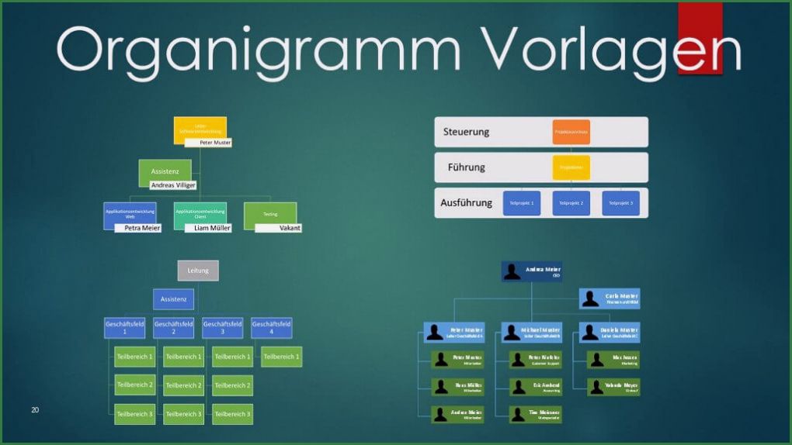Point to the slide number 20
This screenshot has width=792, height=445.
tap(35, 409)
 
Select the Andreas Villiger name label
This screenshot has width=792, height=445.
tap(173, 185)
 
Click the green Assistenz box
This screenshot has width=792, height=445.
tap(165, 170)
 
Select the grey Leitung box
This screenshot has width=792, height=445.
tap(198, 271)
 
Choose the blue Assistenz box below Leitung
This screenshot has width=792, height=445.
tap(173, 299)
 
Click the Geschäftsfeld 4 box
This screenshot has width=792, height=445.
tap(272, 328)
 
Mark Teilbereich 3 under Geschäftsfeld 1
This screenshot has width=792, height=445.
tap(135, 414)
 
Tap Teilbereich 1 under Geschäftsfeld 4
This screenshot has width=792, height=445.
tap(281, 357)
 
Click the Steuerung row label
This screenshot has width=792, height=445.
tap(467, 132)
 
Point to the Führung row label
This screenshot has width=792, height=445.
tap(467, 167)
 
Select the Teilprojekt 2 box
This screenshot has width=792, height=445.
tap(571, 203)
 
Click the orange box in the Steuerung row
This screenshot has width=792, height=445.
tap(571, 132)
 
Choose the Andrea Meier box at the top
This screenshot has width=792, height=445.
tap(531, 271)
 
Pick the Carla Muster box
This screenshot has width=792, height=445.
tap(610, 298)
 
